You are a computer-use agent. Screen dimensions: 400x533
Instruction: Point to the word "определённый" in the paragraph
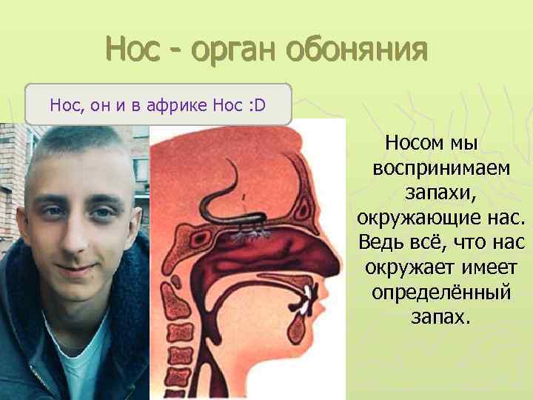click(x=441, y=292)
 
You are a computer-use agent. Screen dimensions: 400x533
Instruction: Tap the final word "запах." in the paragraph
click(x=440, y=317)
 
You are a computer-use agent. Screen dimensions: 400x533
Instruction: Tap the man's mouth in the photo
click(x=78, y=268)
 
